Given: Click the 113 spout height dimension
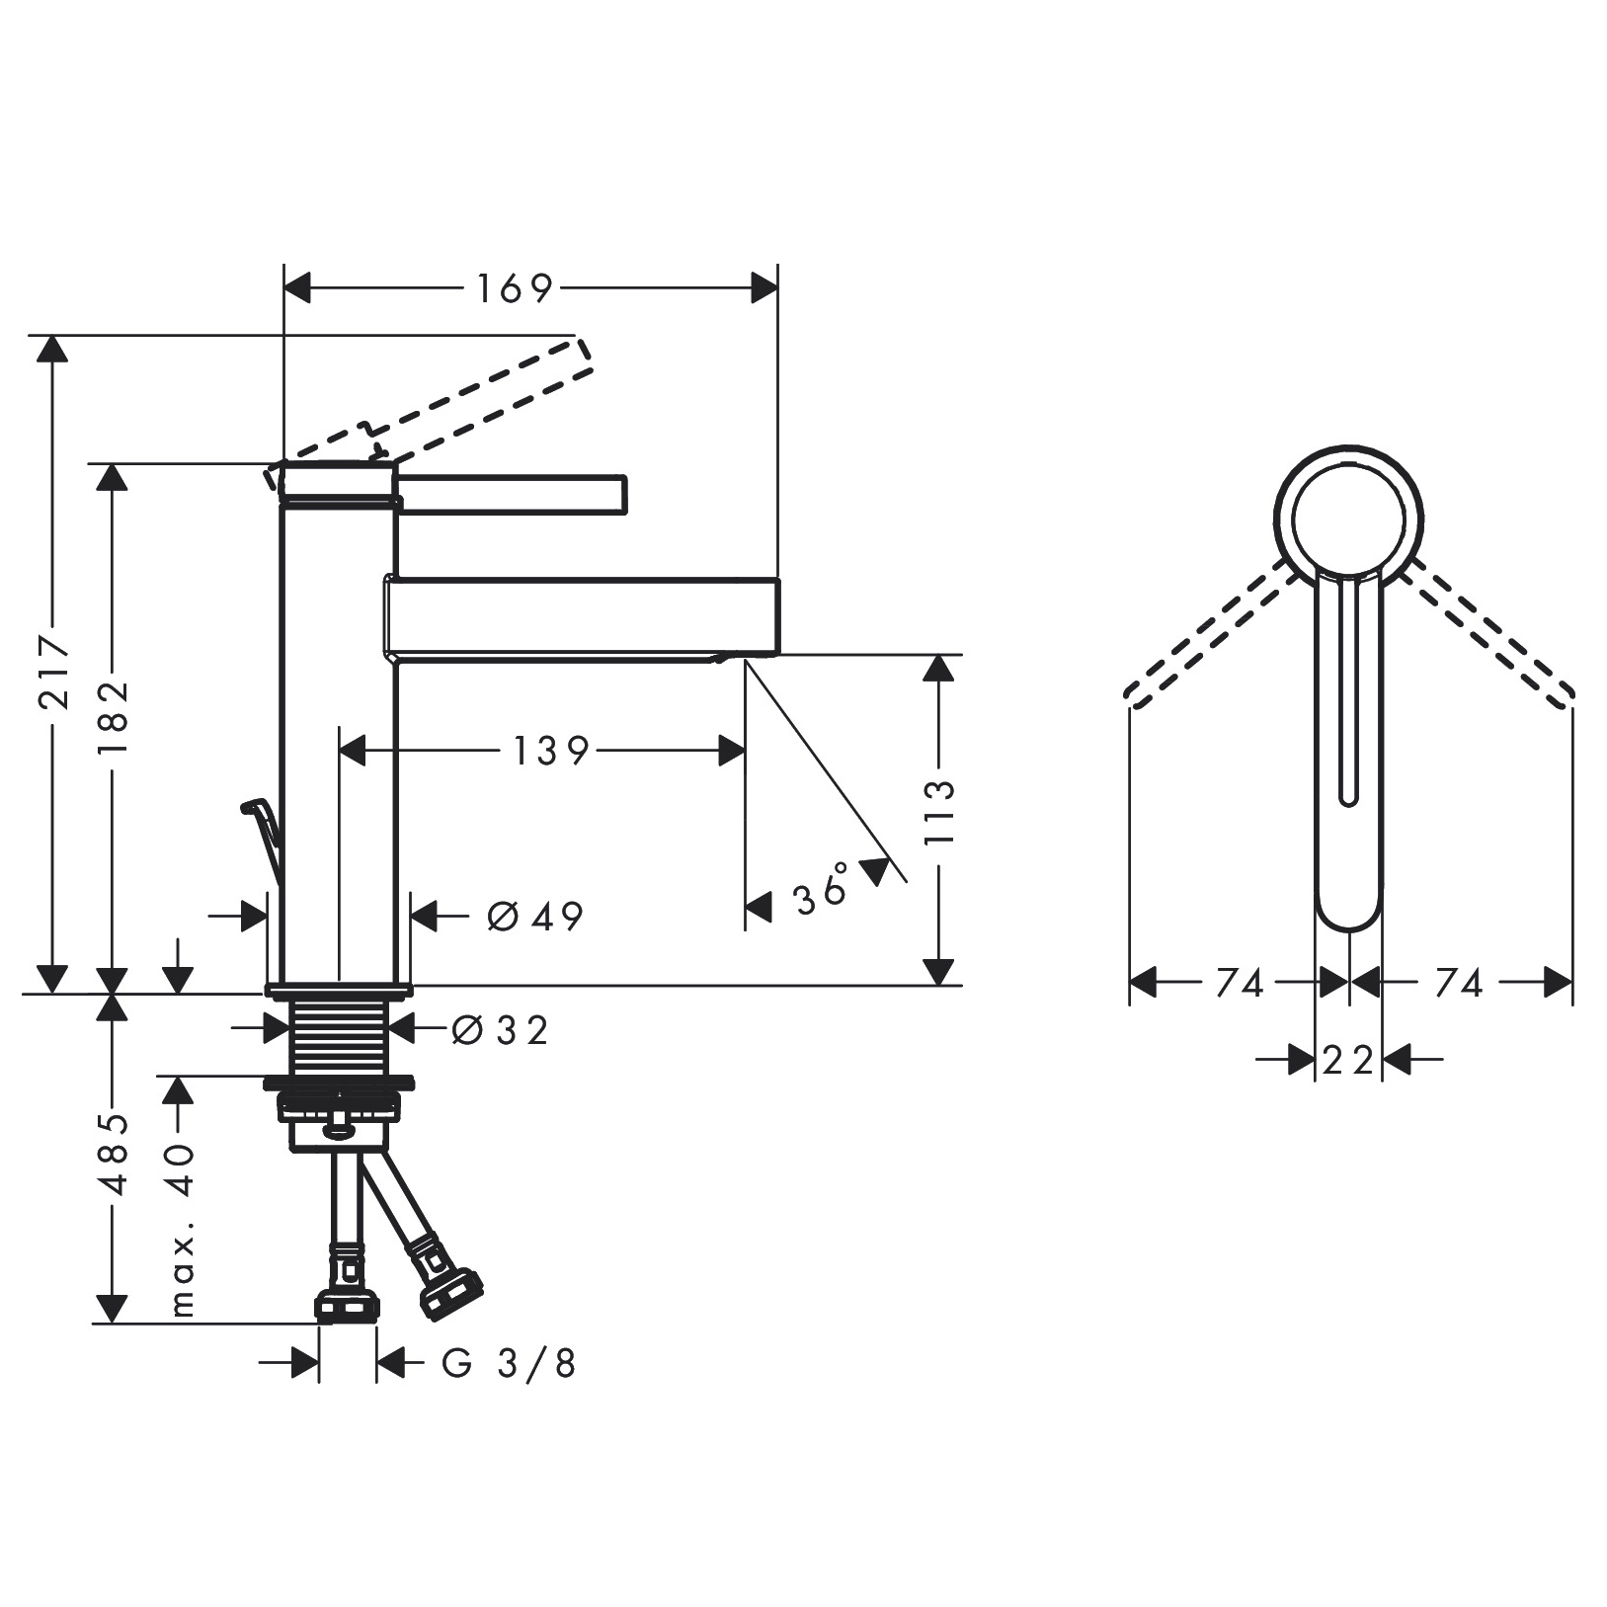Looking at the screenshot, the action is pos(940,813).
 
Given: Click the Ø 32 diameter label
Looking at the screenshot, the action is pos(500,1031).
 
